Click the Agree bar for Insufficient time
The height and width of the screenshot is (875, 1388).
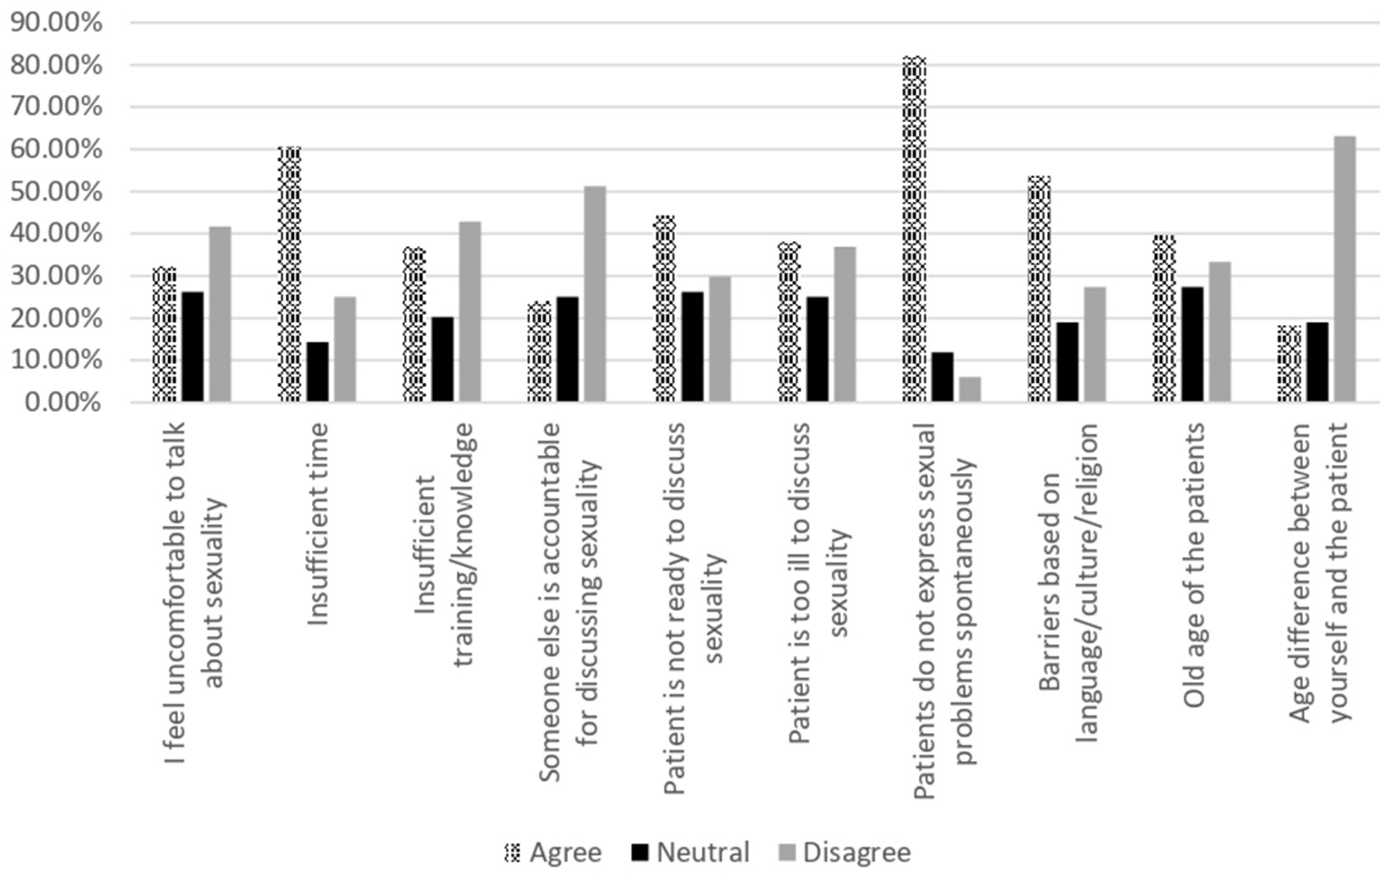point(288,274)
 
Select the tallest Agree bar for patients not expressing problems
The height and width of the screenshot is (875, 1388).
point(914,229)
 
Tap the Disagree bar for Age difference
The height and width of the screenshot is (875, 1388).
point(1345,269)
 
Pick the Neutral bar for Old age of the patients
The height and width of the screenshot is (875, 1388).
point(1192,345)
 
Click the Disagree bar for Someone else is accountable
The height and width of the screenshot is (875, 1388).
point(595,294)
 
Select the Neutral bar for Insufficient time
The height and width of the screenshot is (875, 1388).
point(317,372)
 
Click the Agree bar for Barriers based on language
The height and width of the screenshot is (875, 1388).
point(1039,289)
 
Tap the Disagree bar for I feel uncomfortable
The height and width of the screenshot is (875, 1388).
point(220,314)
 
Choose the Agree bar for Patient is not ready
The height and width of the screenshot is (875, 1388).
point(665,309)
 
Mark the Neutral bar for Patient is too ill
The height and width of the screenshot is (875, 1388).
point(817,349)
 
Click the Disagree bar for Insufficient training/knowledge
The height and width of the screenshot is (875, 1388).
point(470,311)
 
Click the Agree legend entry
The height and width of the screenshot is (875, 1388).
point(552,852)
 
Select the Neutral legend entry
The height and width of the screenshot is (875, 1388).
point(691,852)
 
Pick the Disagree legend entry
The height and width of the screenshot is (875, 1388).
point(845,852)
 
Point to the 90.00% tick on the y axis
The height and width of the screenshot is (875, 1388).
point(56,23)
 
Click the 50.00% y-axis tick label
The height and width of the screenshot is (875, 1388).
point(56,192)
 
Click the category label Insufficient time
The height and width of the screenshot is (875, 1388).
point(317,524)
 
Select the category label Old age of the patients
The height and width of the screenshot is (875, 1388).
point(1194,565)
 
